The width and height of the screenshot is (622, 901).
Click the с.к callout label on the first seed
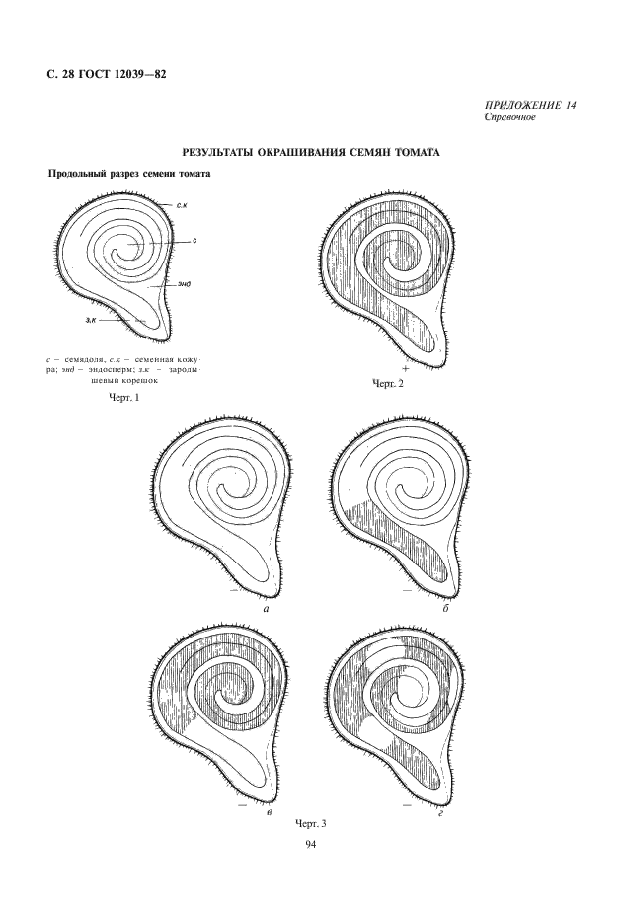[x=181, y=204]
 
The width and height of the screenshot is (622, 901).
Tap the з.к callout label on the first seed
[x=90, y=319]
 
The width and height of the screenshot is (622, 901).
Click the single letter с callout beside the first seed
[x=194, y=242]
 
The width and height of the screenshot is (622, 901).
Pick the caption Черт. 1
[x=123, y=397]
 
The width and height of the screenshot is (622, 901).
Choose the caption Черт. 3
[x=310, y=824]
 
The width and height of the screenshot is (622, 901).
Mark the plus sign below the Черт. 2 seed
[x=406, y=368]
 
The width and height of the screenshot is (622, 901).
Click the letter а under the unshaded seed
[x=267, y=609]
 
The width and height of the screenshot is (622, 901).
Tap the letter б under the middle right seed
[x=445, y=609]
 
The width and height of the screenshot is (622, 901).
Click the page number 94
[x=310, y=845]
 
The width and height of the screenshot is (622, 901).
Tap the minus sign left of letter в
[x=242, y=806]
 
